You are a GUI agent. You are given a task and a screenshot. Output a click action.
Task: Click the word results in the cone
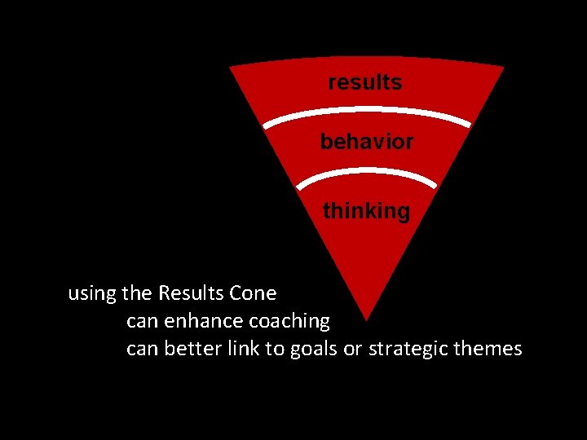point(364,82)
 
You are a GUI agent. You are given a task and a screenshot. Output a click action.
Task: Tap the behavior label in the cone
point(366,142)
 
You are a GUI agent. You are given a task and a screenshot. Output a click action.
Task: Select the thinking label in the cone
point(366,211)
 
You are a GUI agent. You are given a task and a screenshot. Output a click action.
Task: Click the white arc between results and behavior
point(366,116)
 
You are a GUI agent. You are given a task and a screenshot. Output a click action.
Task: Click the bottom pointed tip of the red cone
point(367,318)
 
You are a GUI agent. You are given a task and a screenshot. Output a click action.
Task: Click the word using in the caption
point(91,293)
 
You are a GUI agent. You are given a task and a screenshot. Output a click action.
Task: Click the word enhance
point(191,321)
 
